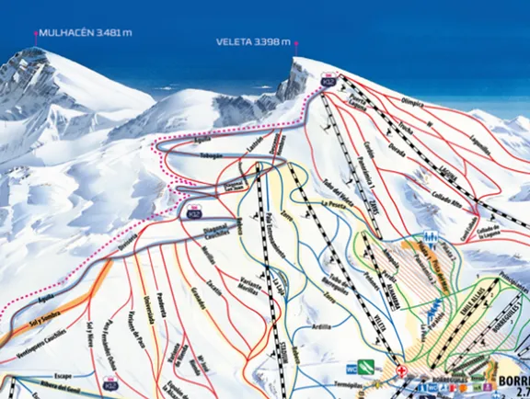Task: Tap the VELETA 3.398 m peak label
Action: pyautogui.click(x=253, y=41)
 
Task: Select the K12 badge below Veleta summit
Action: pyautogui.click(x=328, y=82)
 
